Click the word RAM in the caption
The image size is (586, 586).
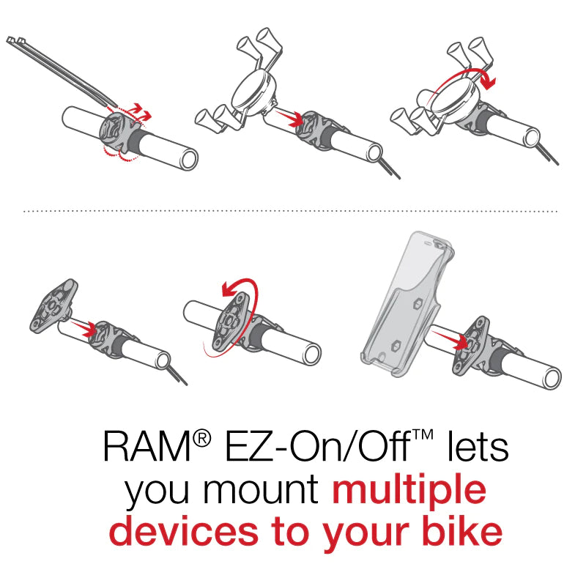[147, 446]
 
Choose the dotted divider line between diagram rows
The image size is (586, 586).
[293, 211]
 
